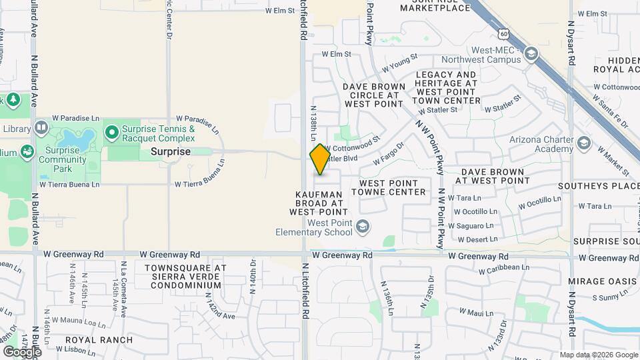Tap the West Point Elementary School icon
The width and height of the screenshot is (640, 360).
tap(362, 227)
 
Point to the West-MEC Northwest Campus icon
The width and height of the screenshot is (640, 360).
tap(531, 54)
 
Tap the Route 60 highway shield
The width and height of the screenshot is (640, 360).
tap(501, 33)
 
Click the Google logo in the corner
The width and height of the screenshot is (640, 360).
tap(22, 351)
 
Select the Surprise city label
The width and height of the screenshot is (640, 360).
tap(171, 151)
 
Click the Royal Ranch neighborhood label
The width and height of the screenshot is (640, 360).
tap(99, 340)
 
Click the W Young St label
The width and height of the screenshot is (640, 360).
tap(400, 63)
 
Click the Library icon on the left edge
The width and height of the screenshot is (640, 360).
tap(41, 128)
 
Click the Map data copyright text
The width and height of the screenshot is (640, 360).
tap(598, 355)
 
